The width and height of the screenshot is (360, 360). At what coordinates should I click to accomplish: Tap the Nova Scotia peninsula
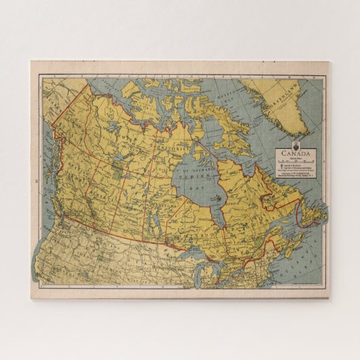(x=285, y=245)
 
